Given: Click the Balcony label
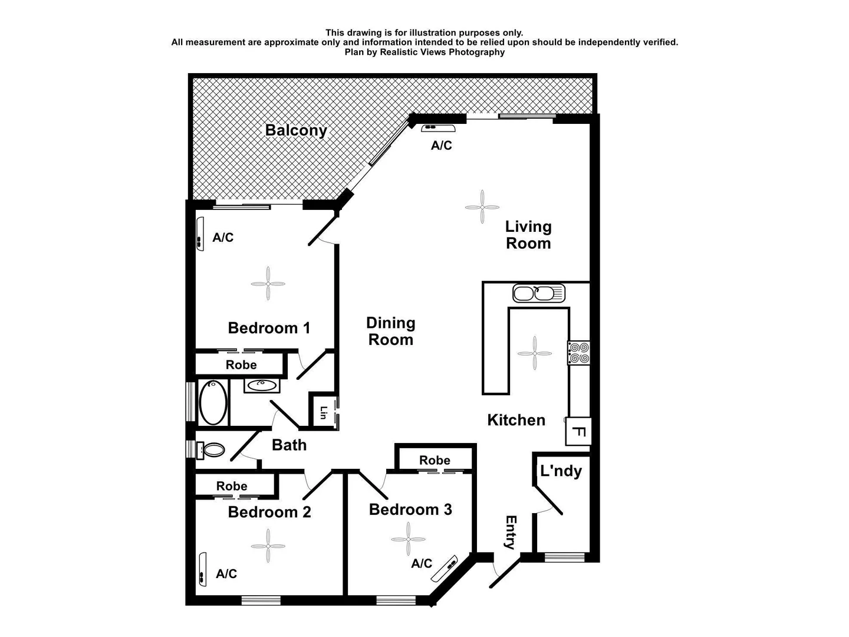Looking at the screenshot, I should (296, 130).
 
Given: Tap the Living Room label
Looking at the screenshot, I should (528, 235).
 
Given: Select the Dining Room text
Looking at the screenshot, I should (390, 331).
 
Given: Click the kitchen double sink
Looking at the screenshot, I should (538, 293).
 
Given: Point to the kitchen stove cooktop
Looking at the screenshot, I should (578, 353).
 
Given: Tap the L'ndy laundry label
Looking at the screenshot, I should (561, 471).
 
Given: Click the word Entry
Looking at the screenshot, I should (511, 532).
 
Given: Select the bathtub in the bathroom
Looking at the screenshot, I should (213, 402).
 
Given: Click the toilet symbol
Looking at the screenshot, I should (210, 451).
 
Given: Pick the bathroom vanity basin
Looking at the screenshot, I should (261, 386).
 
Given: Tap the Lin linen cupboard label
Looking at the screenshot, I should (323, 413).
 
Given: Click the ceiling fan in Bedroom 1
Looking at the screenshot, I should (268, 284).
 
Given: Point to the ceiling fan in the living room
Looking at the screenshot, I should (482, 207).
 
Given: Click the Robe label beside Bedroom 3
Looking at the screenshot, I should (435, 460).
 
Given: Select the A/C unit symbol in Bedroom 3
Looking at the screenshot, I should (446, 568).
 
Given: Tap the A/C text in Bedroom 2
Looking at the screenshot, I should (226, 574).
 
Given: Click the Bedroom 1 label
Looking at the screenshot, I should (269, 328).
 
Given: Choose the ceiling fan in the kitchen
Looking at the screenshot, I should (535, 353).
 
